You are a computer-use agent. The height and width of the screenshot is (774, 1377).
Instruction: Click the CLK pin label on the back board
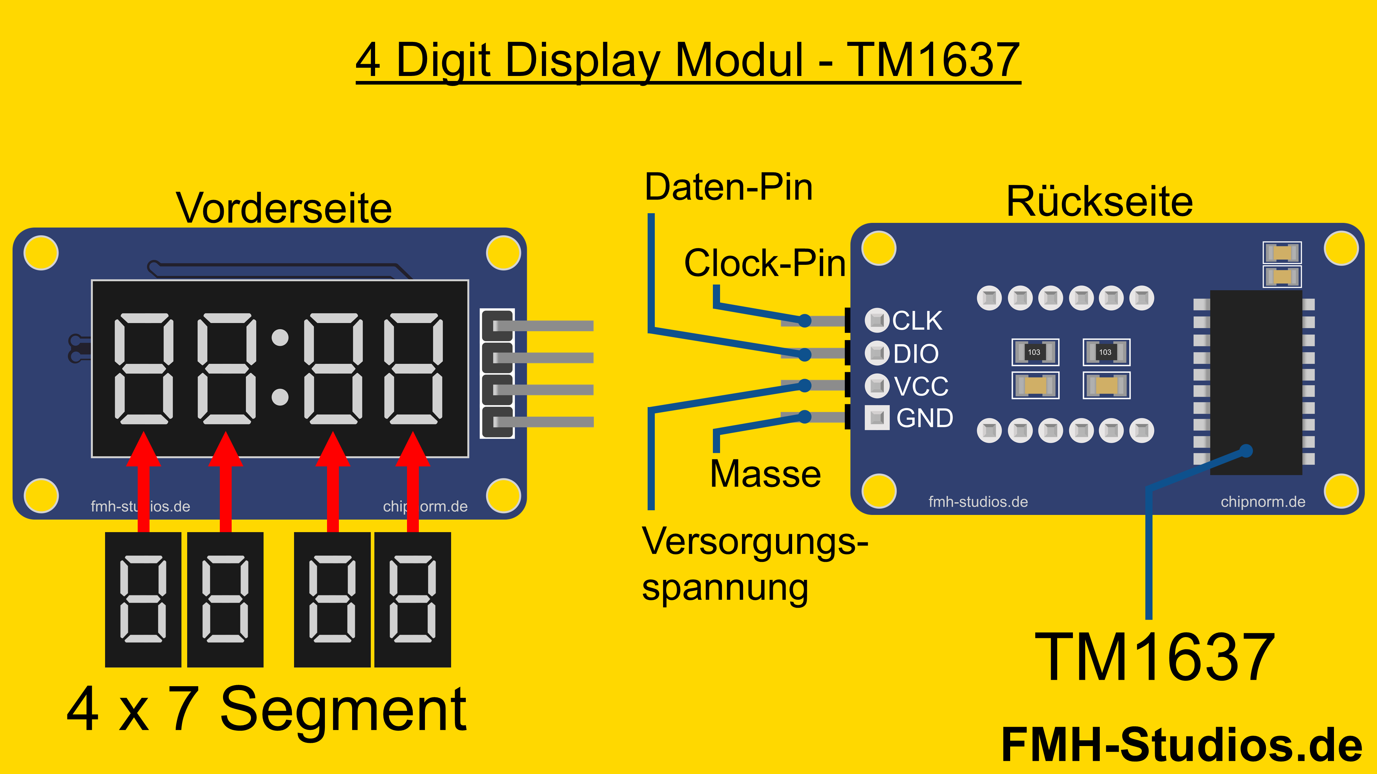click(x=917, y=320)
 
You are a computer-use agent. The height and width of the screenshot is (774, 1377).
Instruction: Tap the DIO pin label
click(x=916, y=354)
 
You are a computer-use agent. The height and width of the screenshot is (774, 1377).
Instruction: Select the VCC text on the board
click(x=921, y=386)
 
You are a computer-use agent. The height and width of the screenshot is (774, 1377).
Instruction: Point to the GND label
click(x=924, y=418)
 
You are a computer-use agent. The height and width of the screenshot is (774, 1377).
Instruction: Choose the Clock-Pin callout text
click(x=765, y=263)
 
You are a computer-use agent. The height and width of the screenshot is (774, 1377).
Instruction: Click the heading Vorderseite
click(x=284, y=208)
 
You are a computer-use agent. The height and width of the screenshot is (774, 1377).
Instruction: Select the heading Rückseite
click(x=1099, y=202)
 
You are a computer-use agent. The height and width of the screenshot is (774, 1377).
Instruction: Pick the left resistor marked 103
click(x=1035, y=352)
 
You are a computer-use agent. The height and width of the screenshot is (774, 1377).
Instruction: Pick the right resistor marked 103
click(x=1106, y=352)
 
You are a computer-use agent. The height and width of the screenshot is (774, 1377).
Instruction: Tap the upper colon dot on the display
click(x=280, y=338)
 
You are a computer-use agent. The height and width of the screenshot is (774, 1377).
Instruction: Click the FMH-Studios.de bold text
click(x=1181, y=745)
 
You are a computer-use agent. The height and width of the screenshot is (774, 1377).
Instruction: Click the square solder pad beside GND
click(x=877, y=418)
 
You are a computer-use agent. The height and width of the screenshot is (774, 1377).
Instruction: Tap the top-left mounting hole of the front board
click(x=41, y=253)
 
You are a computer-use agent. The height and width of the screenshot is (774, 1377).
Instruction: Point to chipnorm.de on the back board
click(x=1263, y=502)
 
